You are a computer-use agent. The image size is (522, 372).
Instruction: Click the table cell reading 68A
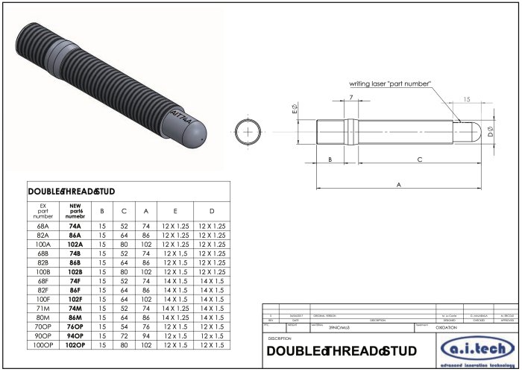pyautogui.click(x=43, y=225)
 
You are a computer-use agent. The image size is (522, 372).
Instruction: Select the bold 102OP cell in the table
pyautogui.click(x=75, y=345)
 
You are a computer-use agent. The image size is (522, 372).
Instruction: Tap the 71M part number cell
pyautogui.click(x=43, y=308)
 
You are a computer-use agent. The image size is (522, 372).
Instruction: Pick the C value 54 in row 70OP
pyautogui.click(x=124, y=327)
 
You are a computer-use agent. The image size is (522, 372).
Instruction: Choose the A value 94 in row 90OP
pyautogui.click(x=146, y=336)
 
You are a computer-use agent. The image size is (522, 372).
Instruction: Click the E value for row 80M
pyautogui.click(x=175, y=318)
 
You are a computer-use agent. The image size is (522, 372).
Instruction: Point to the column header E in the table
pyautogui.click(x=175, y=210)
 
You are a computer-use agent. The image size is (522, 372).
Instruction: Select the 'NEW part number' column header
pyautogui.click(x=75, y=210)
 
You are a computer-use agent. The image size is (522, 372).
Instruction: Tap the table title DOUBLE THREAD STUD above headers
pyautogui.click(x=72, y=192)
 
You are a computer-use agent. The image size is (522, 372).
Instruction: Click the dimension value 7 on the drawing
pyautogui.click(x=350, y=98)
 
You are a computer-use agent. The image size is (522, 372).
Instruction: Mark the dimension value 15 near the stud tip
pyautogui.click(x=466, y=99)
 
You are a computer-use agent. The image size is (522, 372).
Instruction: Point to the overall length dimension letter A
pyautogui.click(x=398, y=183)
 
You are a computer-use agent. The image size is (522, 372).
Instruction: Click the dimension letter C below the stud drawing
pyautogui.click(x=419, y=160)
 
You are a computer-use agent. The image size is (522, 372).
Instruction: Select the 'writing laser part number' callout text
pyautogui.click(x=390, y=83)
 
